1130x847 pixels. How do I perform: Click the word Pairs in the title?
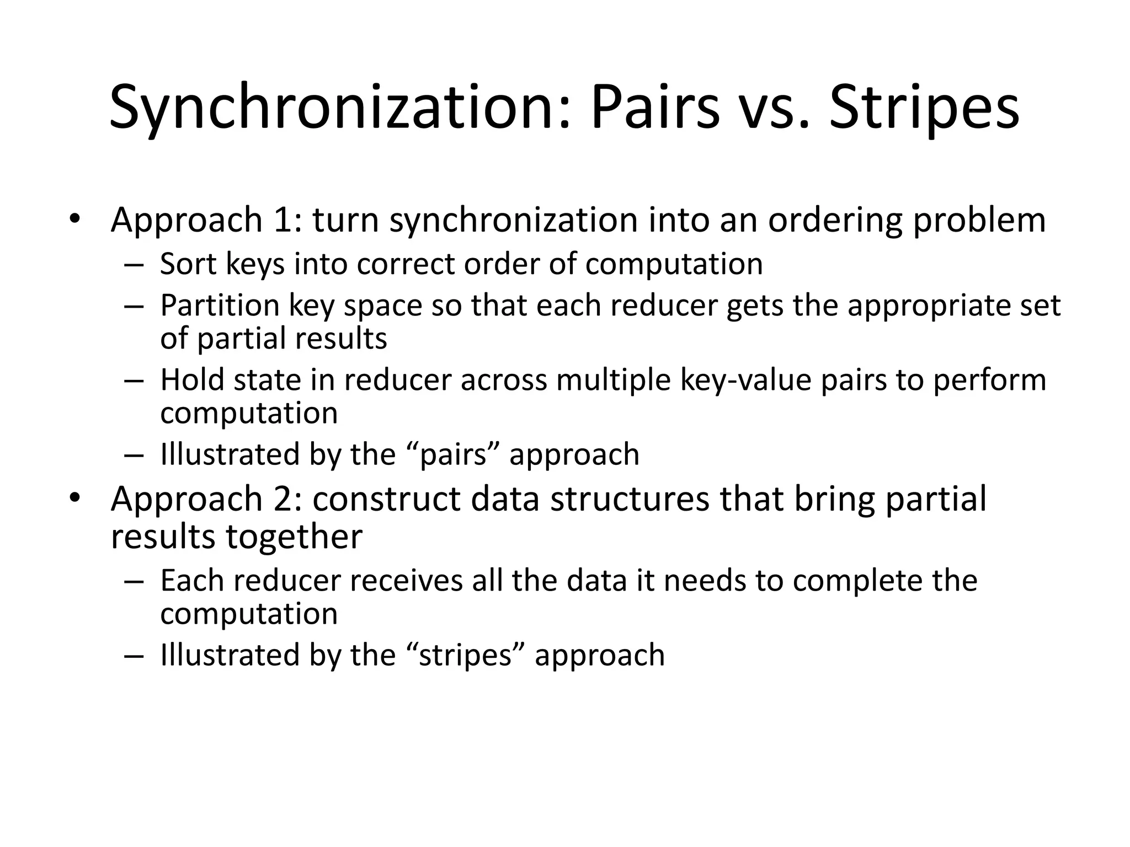(655, 108)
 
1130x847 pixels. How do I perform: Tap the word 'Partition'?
(220, 305)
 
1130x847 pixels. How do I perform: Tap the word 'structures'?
(630, 499)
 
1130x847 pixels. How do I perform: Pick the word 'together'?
(294, 537)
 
